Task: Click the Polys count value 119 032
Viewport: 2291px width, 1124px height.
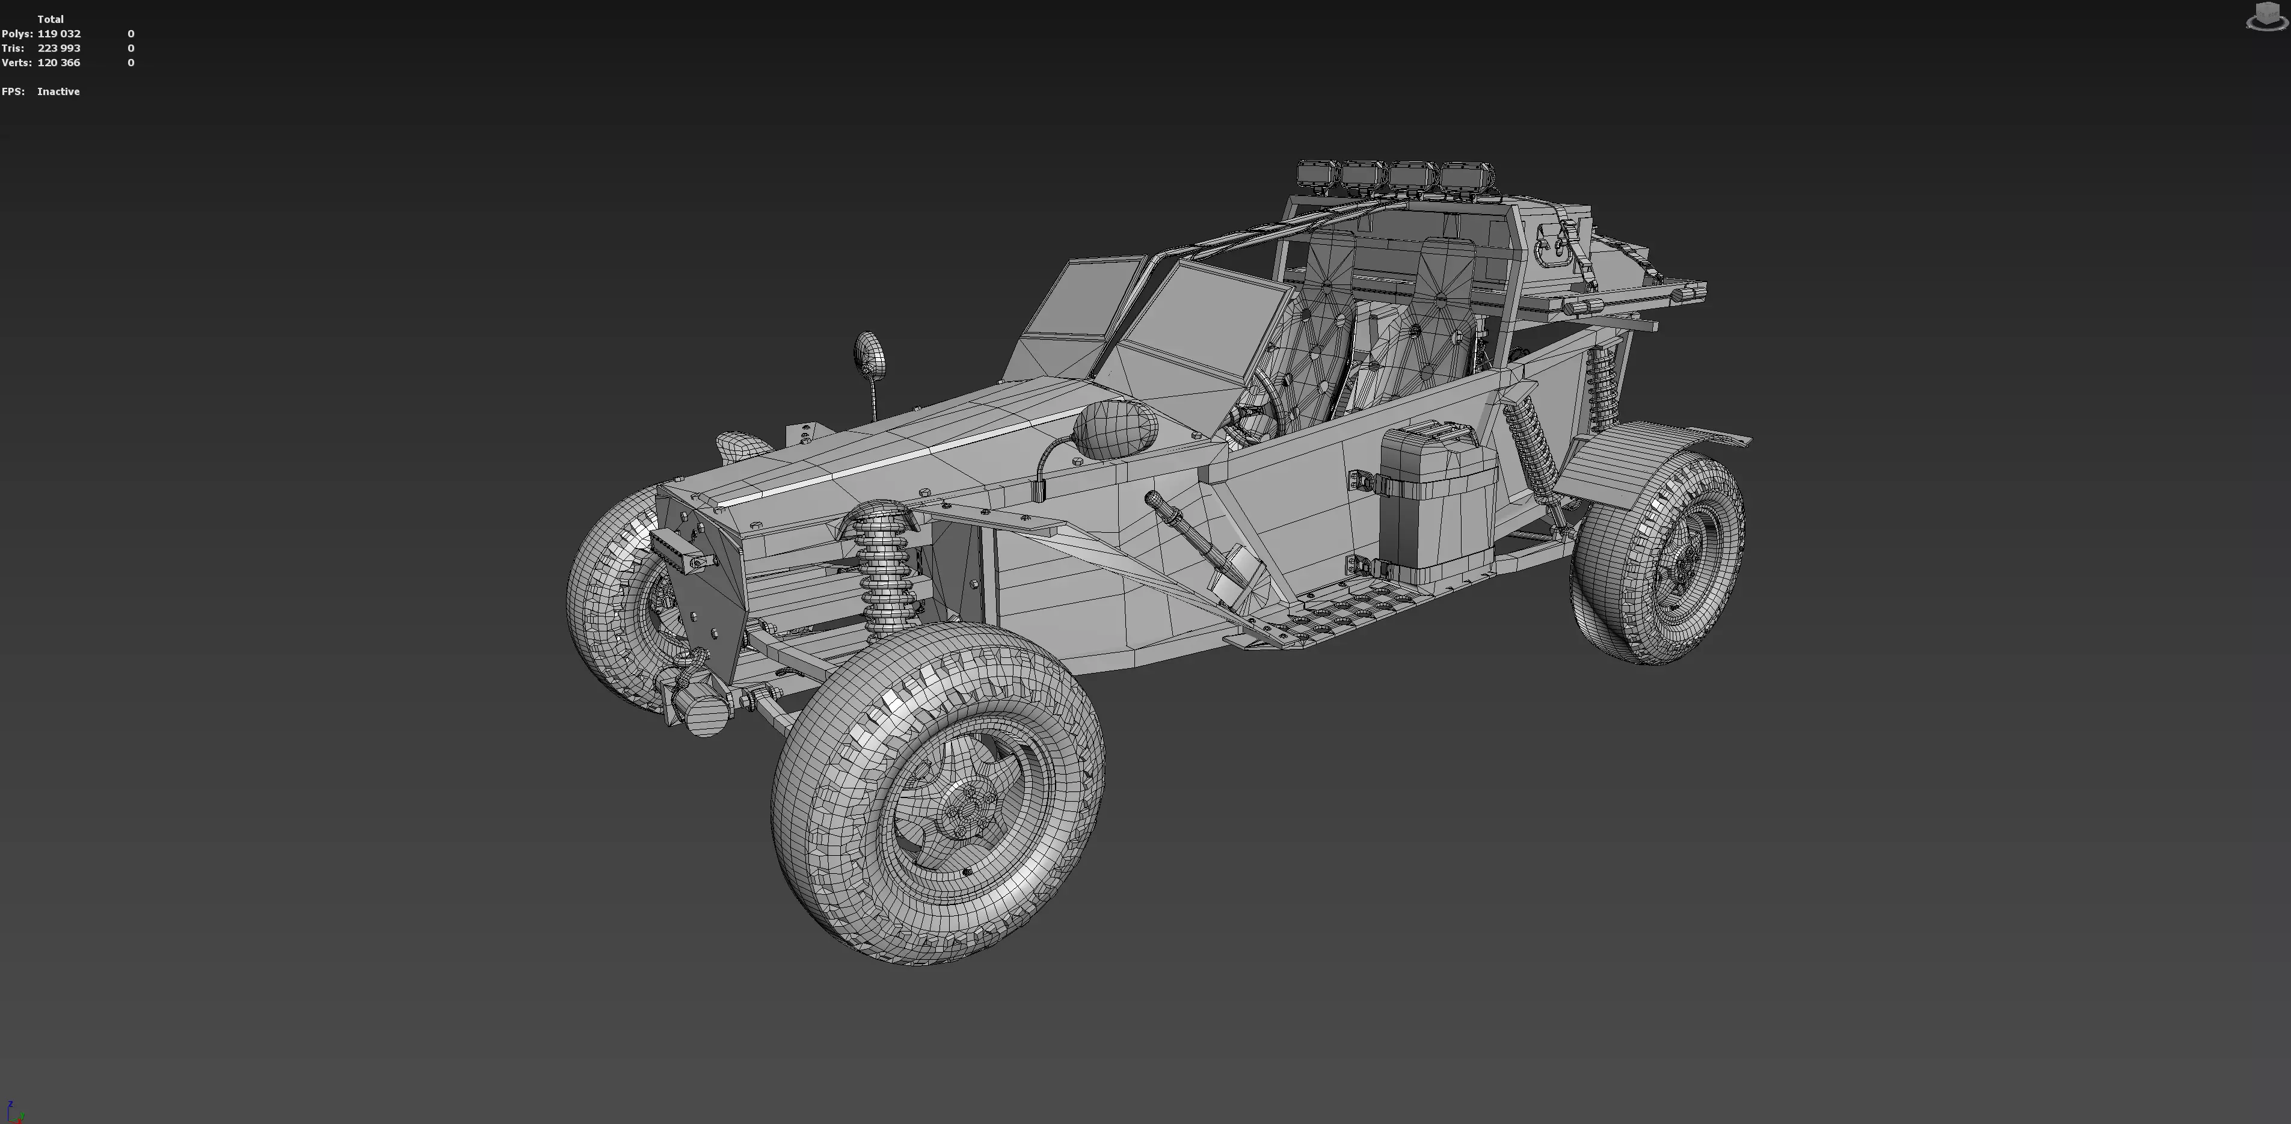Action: [59, 34]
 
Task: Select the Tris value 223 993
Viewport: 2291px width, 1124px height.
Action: [59, 48]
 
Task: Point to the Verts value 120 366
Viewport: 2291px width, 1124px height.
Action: [59, 63]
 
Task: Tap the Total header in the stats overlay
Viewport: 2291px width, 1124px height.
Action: [50, 19]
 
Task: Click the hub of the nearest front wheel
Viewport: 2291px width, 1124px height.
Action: [959, 812]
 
